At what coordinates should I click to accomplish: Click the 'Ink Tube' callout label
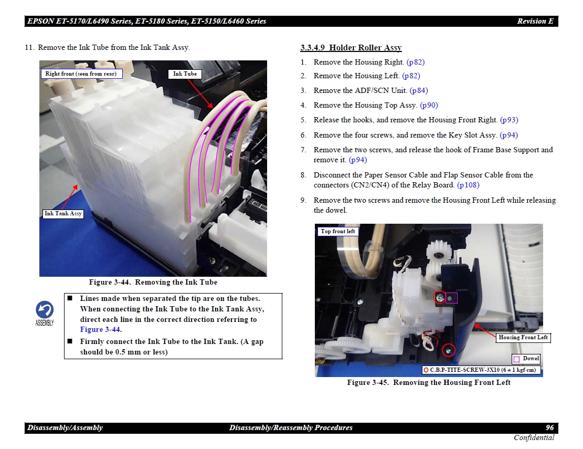point(185,74)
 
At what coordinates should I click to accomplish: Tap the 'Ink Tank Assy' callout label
point(63,214)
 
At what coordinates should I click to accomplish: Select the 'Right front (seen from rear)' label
point(81,74)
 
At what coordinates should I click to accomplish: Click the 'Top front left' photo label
point(337,232)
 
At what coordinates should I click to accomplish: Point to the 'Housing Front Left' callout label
point(523,337)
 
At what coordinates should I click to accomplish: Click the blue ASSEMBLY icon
point(45,313)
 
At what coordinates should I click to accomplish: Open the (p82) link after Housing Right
point(416,62)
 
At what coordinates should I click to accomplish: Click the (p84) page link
point(419,90)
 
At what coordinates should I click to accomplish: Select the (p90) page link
point(429,105)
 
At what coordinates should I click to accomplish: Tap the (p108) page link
point(468,185)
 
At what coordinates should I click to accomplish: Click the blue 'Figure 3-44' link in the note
point(100,330)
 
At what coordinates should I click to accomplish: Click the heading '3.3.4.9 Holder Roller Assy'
point(351,48)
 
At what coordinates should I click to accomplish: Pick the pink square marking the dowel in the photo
point(451,298)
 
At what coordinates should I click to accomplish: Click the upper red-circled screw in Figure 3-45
point(440,297)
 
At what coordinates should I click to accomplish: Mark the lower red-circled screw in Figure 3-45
point(449,350)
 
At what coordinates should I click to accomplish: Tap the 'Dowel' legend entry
point(526,359)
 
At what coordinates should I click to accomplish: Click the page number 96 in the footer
point(549,428)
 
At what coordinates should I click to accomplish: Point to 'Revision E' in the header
point(535,21)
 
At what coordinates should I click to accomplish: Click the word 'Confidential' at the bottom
point(534,438)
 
